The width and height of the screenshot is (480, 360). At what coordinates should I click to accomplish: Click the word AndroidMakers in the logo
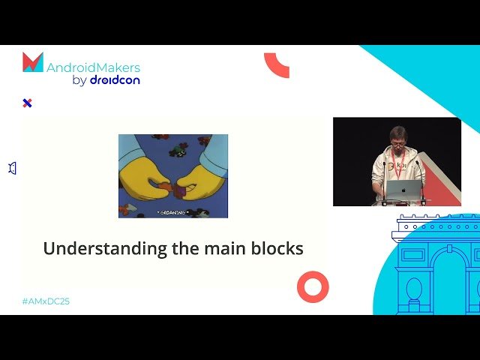pos(92,66)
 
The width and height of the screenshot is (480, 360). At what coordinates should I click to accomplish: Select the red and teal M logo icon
pos(33,62)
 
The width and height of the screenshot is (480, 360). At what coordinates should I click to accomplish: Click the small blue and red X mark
pos(27,103)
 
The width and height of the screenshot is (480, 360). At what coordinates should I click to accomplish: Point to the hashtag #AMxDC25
pos(46,301)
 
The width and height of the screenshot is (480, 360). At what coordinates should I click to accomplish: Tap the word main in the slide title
pos(214,248)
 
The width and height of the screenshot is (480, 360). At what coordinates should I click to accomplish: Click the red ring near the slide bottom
pos(313,286)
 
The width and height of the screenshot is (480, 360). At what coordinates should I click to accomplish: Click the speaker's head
pos(397,137)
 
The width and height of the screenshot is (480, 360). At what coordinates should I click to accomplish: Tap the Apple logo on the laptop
pos(405,190)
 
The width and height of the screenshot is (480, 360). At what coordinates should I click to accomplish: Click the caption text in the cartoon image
pos(172,212)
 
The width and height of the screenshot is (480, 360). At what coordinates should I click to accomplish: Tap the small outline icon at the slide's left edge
pos(12,169)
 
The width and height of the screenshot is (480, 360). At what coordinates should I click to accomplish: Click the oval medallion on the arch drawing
pos(414,288)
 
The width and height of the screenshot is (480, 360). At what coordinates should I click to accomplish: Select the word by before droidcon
pos(79,80)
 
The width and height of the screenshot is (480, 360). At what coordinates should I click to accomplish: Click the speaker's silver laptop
pos(404,191)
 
